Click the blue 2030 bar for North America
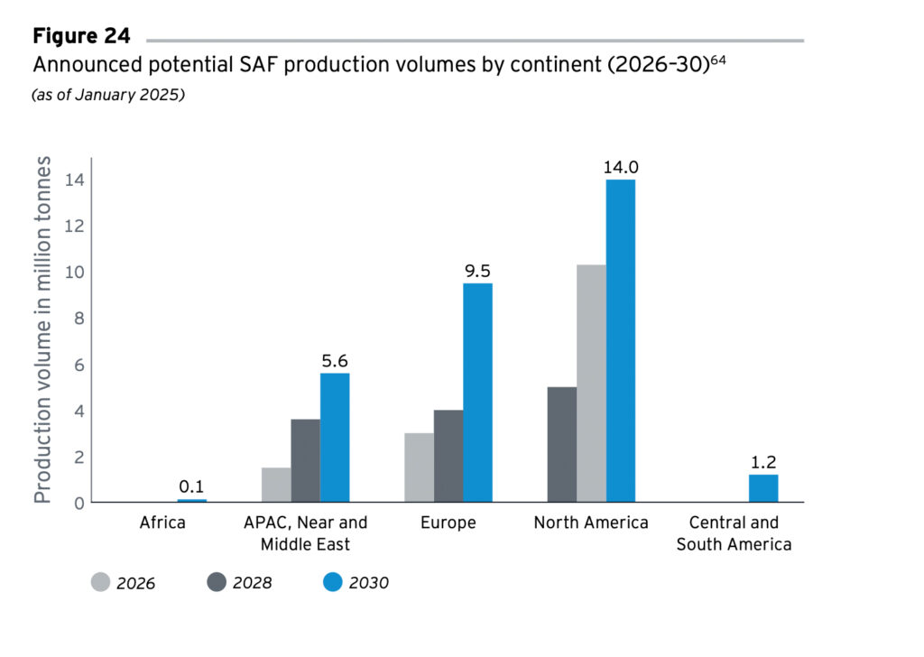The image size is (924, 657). click(620, 340)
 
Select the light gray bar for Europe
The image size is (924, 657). click(419, 467)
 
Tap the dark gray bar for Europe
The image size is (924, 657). click(448, 456)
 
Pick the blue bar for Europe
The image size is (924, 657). click(477, 393)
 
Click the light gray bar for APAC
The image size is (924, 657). click(276, 485)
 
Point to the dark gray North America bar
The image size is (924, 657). click(562, 444)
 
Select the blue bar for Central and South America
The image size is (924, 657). click(763, 488)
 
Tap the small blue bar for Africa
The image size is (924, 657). click(191, 500)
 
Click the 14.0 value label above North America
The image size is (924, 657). click(620, 167)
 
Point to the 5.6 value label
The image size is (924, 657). click(335, 361)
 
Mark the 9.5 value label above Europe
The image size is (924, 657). click(477, 271)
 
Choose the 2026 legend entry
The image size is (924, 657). click(124, 583)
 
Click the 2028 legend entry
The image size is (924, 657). click(241, 583)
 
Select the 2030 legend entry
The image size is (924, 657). click(356, 583)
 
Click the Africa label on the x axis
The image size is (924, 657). click(164, 523)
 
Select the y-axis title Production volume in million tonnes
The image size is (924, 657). click(42, 330)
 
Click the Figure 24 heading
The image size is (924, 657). click(81, 37)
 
